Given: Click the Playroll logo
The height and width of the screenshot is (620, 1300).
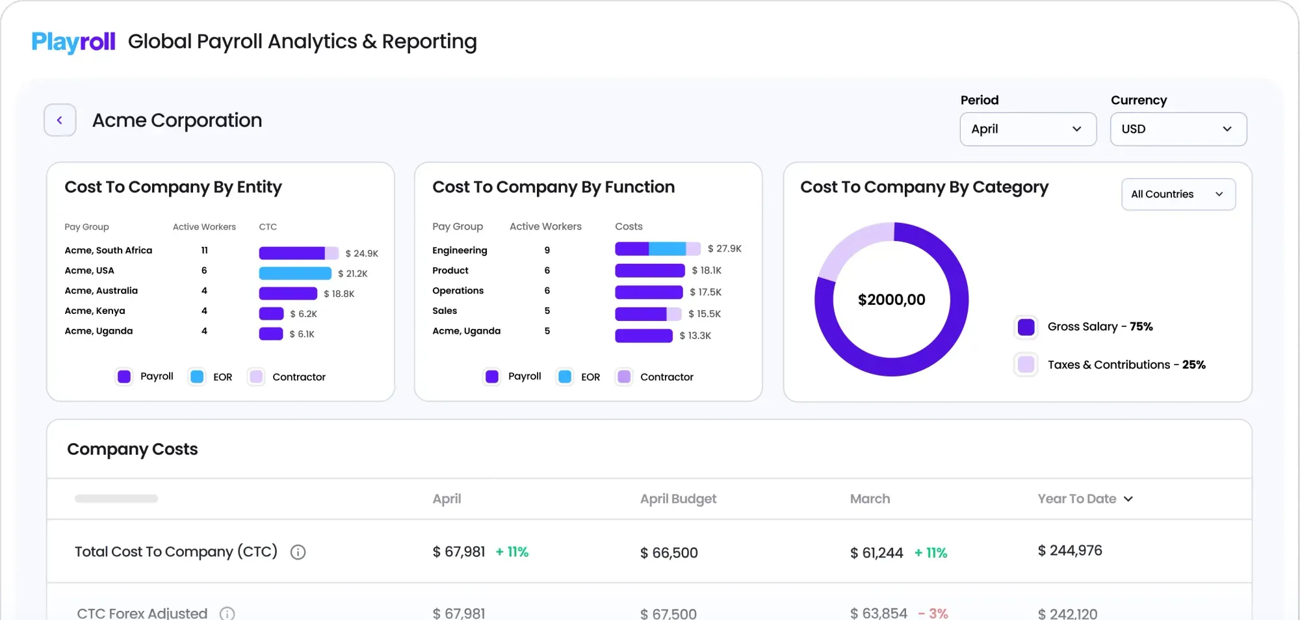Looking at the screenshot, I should point(73,42).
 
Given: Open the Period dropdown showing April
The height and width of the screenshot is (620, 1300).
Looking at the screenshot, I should point(1028,129).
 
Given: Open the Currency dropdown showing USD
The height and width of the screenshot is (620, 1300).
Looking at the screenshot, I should point(1178,129).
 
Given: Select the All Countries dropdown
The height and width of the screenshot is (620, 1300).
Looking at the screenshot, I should point(1178,194).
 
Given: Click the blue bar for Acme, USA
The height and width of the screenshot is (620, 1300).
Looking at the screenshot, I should point(295,274).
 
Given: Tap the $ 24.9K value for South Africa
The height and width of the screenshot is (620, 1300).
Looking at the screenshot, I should point(361,253).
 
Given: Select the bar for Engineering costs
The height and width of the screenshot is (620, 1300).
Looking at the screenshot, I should point(657,249).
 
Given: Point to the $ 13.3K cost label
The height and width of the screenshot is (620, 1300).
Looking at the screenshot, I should point(695,335).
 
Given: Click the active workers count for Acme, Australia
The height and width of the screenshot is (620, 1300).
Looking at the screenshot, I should point(204,291).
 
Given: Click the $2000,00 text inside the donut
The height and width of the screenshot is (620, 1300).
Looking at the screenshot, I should point(891,300).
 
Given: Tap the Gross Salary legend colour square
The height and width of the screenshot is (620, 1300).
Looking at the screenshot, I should point(1026,327).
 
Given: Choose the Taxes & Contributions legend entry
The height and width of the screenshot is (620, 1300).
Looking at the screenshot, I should point(1126,365).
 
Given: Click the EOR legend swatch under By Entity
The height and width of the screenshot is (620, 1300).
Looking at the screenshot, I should point(197,376).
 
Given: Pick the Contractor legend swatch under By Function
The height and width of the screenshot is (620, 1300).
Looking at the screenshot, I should point(624,376).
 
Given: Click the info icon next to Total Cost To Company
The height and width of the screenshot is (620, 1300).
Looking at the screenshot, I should point(298,552).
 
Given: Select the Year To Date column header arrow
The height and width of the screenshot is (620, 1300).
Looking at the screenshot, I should point(1128,498).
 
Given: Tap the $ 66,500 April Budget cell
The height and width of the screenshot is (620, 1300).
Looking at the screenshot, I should point(669,552).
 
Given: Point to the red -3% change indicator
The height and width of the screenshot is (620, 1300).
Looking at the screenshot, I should point(933,613).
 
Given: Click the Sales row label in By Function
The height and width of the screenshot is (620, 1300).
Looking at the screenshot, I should point(445,311).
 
